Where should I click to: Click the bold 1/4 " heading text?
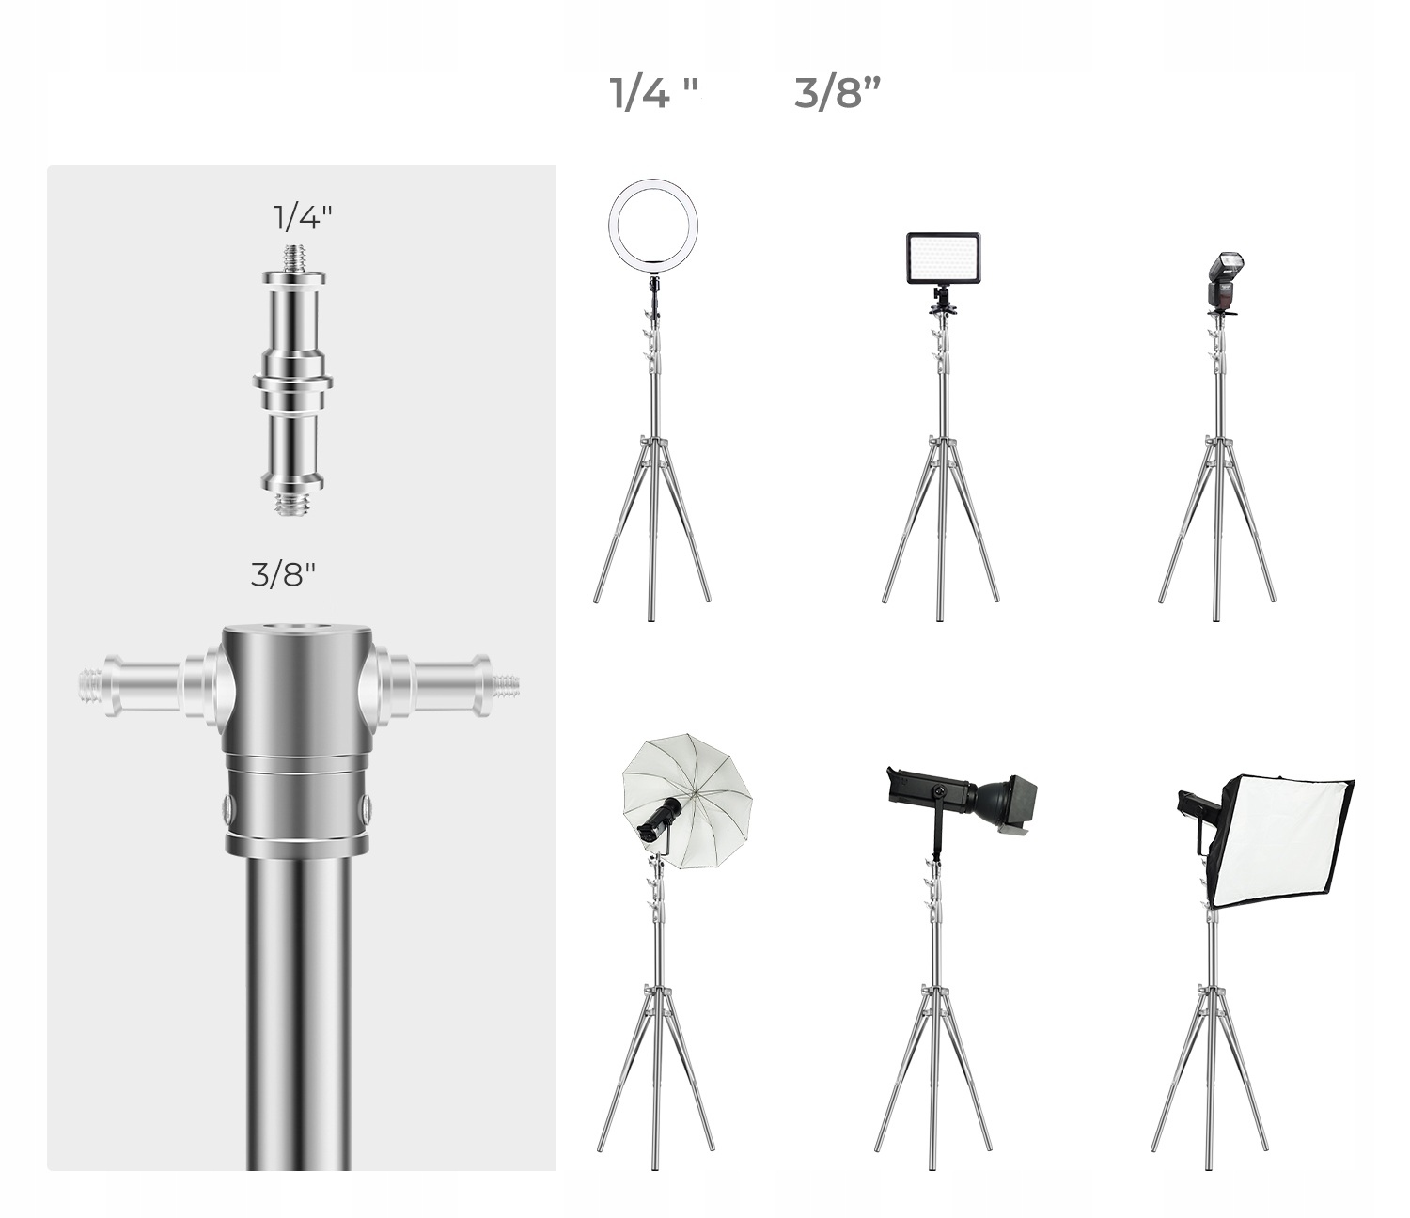653,93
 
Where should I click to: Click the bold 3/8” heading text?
838,93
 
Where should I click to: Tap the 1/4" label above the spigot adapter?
302,217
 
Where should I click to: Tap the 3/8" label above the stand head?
283,575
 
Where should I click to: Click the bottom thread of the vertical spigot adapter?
294,504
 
